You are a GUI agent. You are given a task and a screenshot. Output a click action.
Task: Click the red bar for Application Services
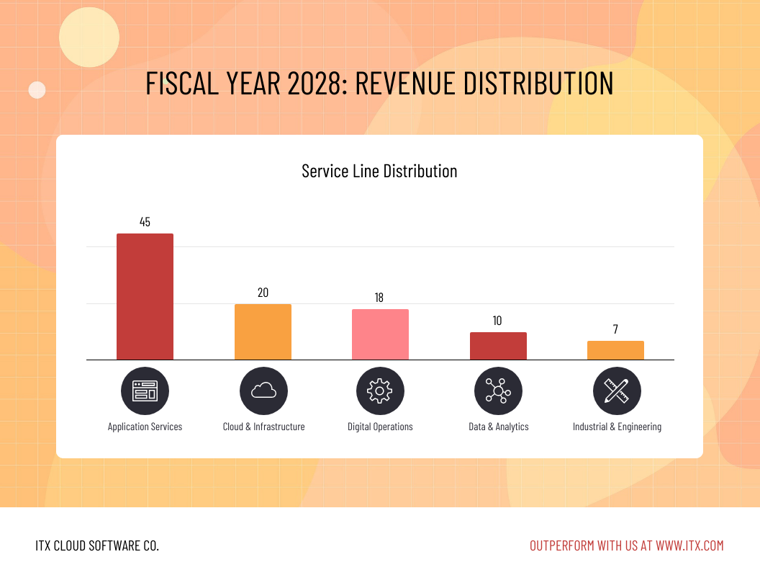tap(145, 296)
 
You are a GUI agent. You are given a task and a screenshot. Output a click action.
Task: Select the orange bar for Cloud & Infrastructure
tap(263, 331)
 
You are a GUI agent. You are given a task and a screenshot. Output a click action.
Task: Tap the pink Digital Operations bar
tap(380, 334)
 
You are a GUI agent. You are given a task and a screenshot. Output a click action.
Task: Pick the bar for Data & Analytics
tap(498, 346)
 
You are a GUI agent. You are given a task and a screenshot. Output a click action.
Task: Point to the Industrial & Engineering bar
tap(615, 350)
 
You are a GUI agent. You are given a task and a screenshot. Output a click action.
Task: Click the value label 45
tap(145, 222)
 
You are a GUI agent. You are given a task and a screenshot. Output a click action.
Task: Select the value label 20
tap(263, 293)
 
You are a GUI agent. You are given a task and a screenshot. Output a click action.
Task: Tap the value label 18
tap(380, 298)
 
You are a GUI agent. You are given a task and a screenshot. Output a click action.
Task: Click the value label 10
tap(497, 321)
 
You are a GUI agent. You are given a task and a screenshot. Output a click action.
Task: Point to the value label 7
tap(615, 329)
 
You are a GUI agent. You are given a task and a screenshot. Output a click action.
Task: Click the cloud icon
tap(263, 391)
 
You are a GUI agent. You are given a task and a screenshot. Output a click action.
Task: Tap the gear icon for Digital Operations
tap(380, 391)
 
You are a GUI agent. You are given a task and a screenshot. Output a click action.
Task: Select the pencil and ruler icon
tap(617, 391)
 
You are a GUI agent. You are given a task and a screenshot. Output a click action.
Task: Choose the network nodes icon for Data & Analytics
tap(498, 391)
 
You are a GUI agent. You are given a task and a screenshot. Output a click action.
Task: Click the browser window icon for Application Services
tap(145, 391)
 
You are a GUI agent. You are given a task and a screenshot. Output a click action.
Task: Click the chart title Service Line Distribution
tap(379, 171)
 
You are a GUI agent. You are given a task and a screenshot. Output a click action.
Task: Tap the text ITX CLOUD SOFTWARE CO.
tap(97, 545)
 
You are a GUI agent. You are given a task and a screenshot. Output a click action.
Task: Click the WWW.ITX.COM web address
tap(689, 545)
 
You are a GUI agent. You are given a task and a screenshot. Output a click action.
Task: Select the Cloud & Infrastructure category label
tap(263, 427)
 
